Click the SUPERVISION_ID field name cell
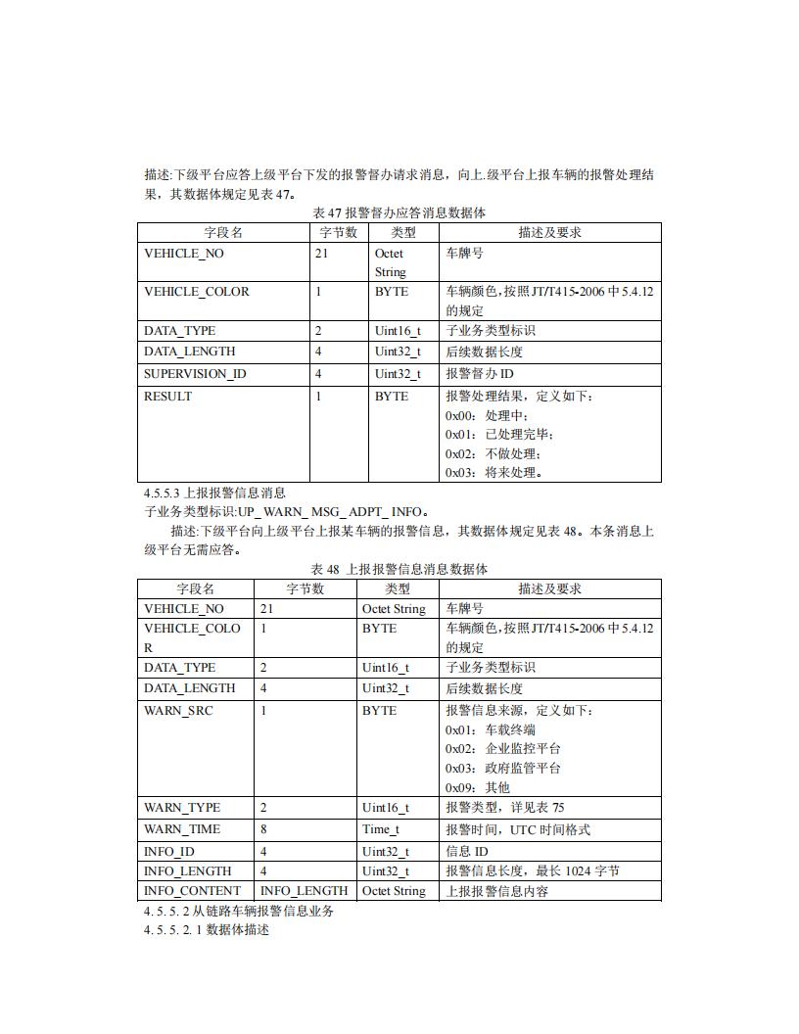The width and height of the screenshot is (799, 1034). click(x=195, y=374)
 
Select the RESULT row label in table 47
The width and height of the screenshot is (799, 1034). click(x=167, y=397)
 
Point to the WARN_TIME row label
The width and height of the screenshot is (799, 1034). click(x=182, y=829)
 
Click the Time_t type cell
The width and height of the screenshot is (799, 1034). click(x=381, y=829)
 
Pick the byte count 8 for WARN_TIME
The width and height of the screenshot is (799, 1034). click(x=264, y=829)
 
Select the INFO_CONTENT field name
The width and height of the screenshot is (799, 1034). click(x=192, y=891)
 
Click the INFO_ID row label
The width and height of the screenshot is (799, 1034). click(x=169, y=852)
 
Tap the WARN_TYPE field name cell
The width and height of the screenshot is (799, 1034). click(x=182, y=808)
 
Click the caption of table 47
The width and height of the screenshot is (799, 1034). click(x=399, y=212)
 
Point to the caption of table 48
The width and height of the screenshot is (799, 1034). click(x=399, y=569)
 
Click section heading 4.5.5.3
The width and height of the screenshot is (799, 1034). click(x=214, y=493)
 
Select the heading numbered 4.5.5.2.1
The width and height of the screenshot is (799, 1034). click(x=206, y=929)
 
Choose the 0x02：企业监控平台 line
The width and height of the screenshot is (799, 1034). click(x=503, y=748)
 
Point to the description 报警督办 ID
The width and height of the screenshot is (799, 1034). click(x=480, y=374)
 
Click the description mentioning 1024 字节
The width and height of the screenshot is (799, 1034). click(x=533, y=871)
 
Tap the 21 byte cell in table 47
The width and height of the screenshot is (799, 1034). click(x=322, y=254)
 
